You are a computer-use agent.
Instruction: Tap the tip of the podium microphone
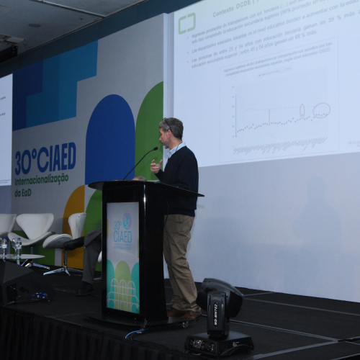coord(156,148)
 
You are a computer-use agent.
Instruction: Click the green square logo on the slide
coord(187,23)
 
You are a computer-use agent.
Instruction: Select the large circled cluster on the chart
coord(321,110)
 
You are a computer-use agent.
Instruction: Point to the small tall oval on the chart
coord(302,110)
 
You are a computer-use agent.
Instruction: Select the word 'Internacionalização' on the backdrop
coord(42,177)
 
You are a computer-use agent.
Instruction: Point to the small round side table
coord(22,257)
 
